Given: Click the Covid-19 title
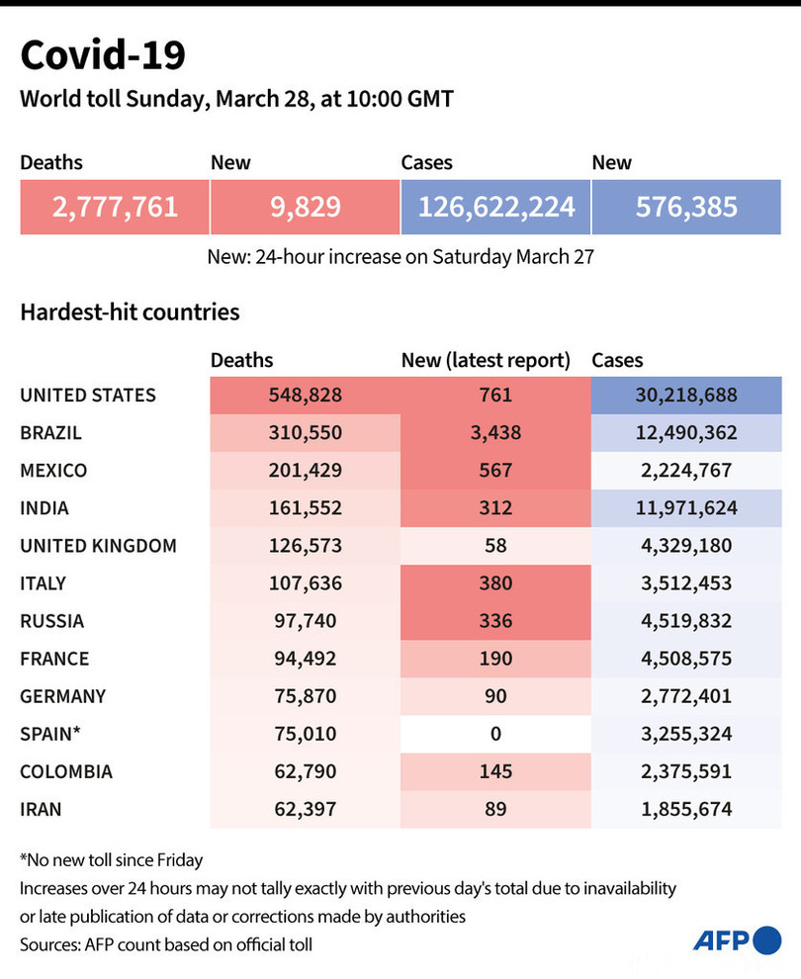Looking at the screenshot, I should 103,55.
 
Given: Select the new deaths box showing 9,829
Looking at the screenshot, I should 305,207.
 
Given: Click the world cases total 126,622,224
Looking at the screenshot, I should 495,207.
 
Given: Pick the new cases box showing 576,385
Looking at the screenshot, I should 686,207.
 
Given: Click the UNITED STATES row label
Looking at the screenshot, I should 88,396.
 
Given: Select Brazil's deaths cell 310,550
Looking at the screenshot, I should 305,433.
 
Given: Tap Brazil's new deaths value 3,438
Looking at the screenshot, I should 495,433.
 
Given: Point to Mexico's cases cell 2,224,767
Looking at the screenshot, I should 686,471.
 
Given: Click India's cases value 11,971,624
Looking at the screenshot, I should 686,508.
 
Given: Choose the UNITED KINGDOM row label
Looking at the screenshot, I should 98,546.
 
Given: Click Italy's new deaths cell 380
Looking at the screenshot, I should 495,583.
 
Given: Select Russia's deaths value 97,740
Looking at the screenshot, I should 305,621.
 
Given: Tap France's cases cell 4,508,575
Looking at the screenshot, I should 686,659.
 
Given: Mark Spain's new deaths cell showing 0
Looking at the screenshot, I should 495,734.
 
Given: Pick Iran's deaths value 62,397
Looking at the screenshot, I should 305,809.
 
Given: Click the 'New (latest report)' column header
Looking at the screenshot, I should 486,361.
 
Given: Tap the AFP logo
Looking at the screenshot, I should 737,940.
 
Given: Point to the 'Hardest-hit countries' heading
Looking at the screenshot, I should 130,312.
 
